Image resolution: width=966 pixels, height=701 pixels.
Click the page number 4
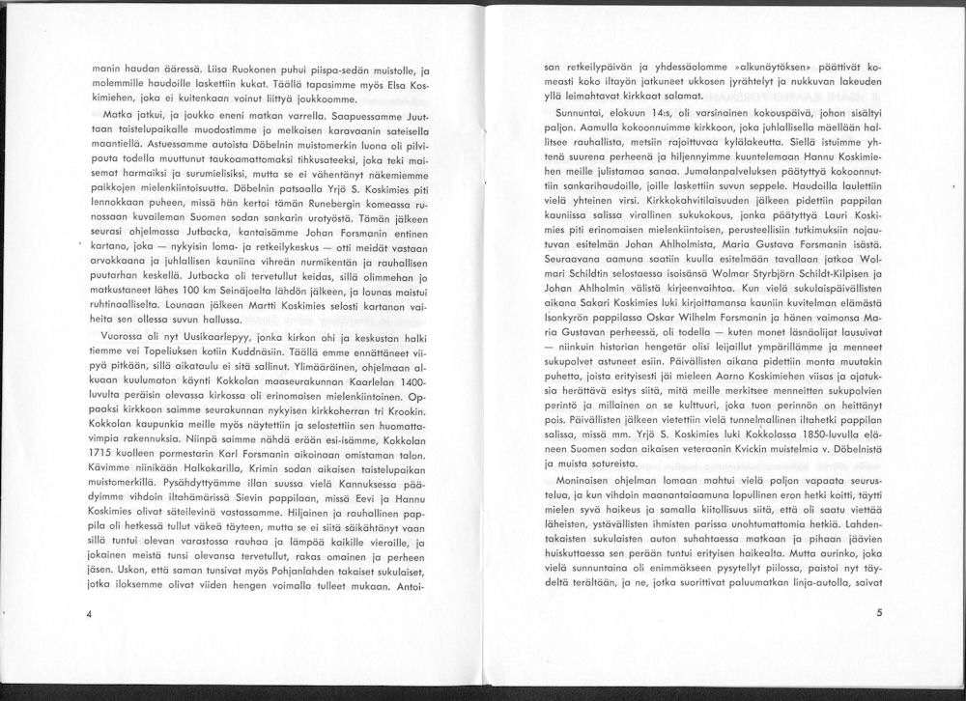(88, 614)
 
